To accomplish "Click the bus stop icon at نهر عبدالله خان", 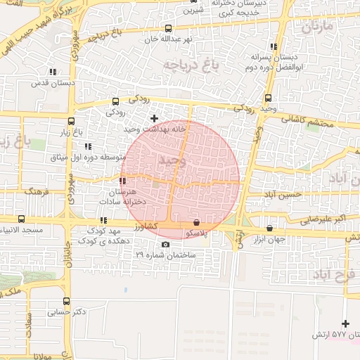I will (167, 29).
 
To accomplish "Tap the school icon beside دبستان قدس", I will (53, 72).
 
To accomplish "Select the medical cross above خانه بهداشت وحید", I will (155, 118).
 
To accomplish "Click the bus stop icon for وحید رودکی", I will (269, 98).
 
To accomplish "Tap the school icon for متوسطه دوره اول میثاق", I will (88, 146).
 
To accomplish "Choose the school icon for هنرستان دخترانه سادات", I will (123, 181).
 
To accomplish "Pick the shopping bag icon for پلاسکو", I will (195, 222).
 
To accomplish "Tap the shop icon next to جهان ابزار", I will (270, 228).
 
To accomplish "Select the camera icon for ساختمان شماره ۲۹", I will (165, 245).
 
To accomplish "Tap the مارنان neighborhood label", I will (321, 30).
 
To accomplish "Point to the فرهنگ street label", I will (36, 191).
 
